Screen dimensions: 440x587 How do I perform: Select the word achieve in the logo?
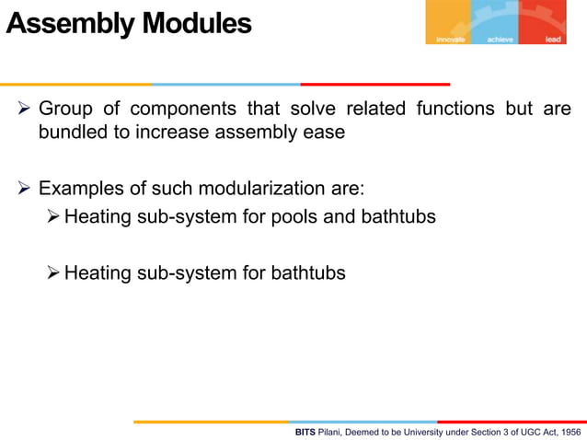(x=498, y=40)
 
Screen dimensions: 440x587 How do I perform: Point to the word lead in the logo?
(x=553, y=40)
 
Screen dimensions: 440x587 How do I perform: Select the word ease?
(x=325, y=132)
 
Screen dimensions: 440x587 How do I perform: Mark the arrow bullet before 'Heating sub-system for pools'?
(x=53, y=219)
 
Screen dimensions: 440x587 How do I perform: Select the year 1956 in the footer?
(x=570, y=432)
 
